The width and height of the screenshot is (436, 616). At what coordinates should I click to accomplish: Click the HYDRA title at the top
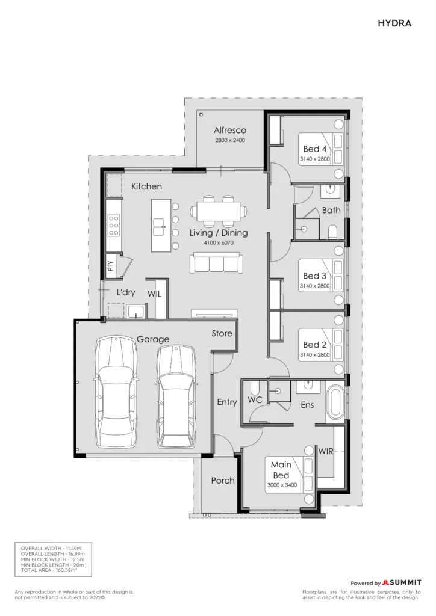pyautogui.click(x=394, y=23)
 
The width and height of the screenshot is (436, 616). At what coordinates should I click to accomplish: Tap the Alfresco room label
pyautogui.click(x=230, y=130)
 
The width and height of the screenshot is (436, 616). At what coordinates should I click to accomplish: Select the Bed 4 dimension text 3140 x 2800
pyautogui.click(x=315, y=159)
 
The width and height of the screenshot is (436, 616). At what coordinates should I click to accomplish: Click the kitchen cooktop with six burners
pyautogui.click(x=114, y=226)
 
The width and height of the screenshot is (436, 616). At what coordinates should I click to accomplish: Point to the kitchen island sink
pyautogui.click(x=159, y=227)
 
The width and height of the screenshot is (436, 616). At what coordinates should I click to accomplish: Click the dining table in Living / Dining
pyautogui.click(x=219, y=211)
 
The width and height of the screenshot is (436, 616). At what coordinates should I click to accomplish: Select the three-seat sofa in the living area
pyautogui.click(x=216, y=263)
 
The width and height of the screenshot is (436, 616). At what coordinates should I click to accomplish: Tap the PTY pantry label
pyautogui.click(x=110, y=266)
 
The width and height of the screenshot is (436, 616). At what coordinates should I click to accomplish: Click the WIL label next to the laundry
pyautogui.click(x=155, y=294)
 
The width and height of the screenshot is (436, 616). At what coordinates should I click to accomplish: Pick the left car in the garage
pyautogui.click(x=116, y=392)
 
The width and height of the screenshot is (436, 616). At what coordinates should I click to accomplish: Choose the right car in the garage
pyautogui.click(x=176, y=397)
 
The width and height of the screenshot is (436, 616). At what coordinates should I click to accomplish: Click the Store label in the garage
pyautogui.click(x=222, y=333)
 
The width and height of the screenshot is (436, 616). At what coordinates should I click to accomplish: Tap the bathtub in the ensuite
pyautogui.click(x=335, y=402)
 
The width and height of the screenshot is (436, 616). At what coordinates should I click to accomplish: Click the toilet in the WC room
pyautogui.click(x=254, y=389)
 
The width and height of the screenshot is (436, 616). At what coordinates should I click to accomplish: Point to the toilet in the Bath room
pyautogui.click(x=332, y=232)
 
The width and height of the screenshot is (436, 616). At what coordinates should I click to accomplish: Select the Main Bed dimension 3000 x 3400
pyautogui.click(x=282, y=485)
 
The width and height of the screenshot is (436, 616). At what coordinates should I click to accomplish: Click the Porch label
pyautogui.click(x=223, y=481)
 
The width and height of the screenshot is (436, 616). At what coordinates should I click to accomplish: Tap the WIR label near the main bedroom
pyautogui.click(x=326, y=451)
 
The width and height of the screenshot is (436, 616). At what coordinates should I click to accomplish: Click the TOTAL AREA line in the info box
pyautogui.click(x=49, y=570)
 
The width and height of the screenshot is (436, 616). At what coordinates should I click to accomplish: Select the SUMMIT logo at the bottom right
pyautogui.click(x=402, y=582)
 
